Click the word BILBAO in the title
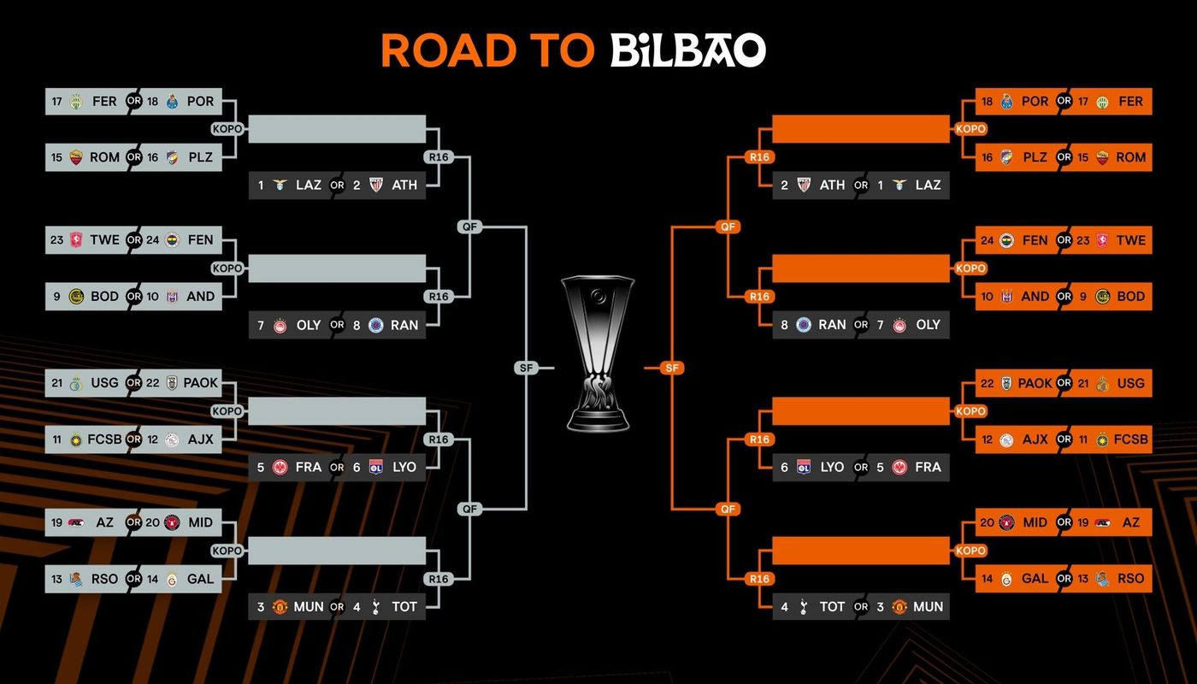click(x=688, y=50)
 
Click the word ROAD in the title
click(x=449, y=50)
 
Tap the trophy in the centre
click(x=598, y=353)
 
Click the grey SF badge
click(x=527, y=368)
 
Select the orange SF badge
click(x=672, y=368)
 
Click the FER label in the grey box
click(x=104, y=102)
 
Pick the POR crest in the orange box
click(x=1007, y=102)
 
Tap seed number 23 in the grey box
click(x=56, y=240)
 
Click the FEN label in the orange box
click(x=1035, y=240)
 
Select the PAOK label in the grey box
click(x=200, y=383)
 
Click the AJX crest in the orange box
click(x=1007, y=439)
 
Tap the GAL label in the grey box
click(x=200, y=580)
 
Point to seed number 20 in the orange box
click(x=987, y=522)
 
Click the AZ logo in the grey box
click(x=76, y=522)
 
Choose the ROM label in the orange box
click(x=1130, y=157)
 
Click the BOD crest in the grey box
click(x=76, y=297)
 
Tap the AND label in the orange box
click(x=1035, y=297)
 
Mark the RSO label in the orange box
click(x=1130, y=579)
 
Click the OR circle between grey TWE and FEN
click(x=133, y=240)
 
